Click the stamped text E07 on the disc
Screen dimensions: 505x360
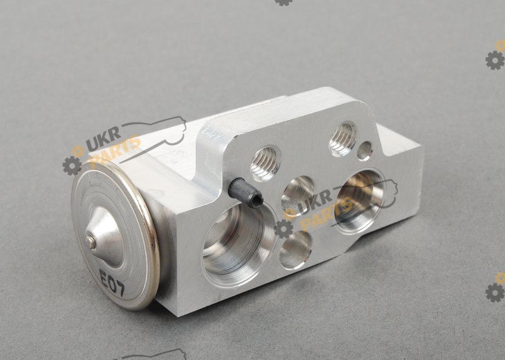(x=112, y=283)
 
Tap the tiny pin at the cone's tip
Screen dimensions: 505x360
(x=90, y=243)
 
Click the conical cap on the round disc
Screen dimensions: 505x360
(x=104, y=237)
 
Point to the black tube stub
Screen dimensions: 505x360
(x=246, y=193)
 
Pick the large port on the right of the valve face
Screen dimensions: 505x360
(x=359, y=201)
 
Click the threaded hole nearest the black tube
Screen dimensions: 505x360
(x=265, y=164)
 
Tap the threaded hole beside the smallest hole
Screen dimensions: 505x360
(x=343, y=139)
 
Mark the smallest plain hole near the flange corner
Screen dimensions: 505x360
(x=365, y=151)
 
